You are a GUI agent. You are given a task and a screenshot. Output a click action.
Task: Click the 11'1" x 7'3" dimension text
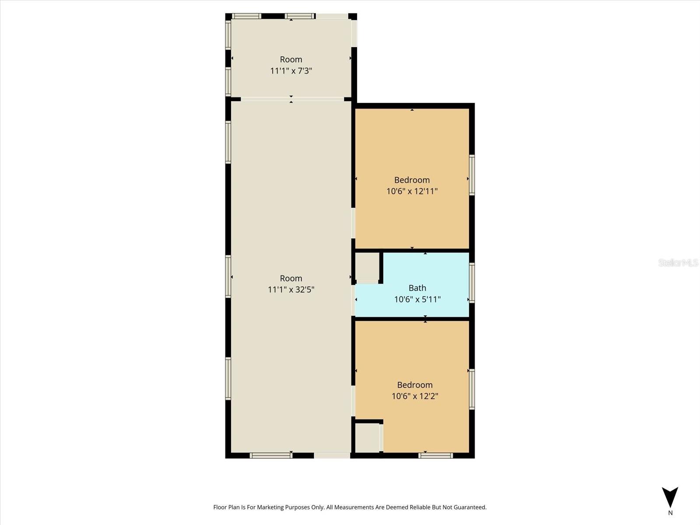pyautogui.click(x=291, y=71)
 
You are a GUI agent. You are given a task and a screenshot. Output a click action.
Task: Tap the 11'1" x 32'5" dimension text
pyautogui.click(x=291, y=290)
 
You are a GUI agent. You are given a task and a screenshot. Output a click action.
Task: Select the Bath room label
pyautogui.click(x=417, y=288)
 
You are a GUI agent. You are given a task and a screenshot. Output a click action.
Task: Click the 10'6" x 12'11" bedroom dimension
pyautogui.click(x=412, y=191)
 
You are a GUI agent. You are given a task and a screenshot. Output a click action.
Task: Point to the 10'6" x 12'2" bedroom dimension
pyautogui.click(x=415, y=396)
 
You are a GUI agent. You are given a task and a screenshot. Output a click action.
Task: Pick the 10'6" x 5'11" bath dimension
pyautogui.click(x=417, y=300)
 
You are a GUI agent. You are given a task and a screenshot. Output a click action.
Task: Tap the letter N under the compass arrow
pyautogui.click(x=670, y=513)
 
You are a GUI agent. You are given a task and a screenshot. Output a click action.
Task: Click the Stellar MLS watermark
pyautogui.click(x=678, y=262)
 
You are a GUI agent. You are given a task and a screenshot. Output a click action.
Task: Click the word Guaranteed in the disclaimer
pyautogui.click(x=469, y=507)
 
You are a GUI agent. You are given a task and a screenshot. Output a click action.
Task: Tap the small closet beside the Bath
pyautogui.click(x=367, y=266)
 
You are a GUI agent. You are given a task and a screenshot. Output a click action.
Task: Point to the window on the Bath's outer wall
pyautogui.click(x=472, y=282)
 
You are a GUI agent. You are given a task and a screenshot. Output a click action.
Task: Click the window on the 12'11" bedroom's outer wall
pyautogui.click(x=472, y=175)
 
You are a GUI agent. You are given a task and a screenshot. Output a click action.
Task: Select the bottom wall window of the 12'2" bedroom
pyautogui.click(x=435, y=455)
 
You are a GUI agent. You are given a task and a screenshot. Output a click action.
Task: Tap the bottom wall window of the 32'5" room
pyautogui.click(x=271, y=455)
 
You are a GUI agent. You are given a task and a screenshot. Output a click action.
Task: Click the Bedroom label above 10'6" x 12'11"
pyautogui.click(x=412, y=180)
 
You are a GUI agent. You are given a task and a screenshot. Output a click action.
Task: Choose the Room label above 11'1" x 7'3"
pyautogui.click(x=291, y=59)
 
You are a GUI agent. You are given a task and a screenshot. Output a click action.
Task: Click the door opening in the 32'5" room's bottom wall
pyautogui.click(x=332, y=455)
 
